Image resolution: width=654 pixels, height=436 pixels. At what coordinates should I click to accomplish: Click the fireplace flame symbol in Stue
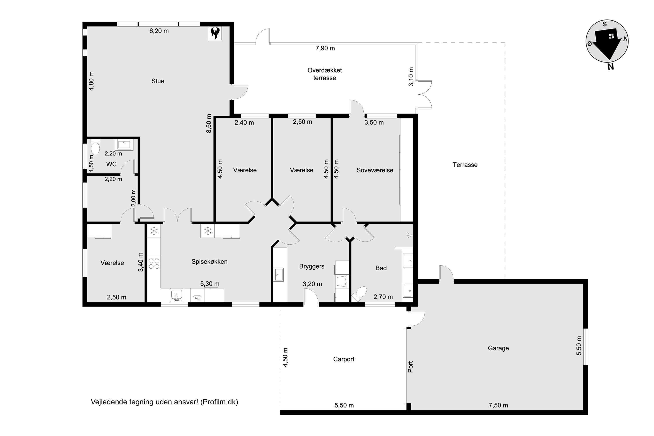tap(215, 33)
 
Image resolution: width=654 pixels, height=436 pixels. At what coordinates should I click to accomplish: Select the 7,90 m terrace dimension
tap(325, 48)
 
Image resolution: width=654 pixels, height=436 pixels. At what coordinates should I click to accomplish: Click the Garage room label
tap(498, 348)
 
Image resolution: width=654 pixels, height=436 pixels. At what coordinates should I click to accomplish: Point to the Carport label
tap(344, 359)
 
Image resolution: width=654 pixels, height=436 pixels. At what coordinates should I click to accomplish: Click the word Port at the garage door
tap(410, 367)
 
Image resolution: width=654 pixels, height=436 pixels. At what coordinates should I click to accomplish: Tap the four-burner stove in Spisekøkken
tap(154, 263)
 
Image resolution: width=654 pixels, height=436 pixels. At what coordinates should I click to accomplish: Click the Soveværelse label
tap(375, 170)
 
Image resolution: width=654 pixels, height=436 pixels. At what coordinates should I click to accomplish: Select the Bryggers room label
tap(312, 266)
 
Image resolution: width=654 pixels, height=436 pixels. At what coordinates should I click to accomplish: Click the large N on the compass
tap(611, 66)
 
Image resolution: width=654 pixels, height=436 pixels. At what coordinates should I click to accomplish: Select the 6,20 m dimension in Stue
tap(159, 31)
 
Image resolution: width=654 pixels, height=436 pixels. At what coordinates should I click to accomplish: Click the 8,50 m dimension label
tap(209, 123)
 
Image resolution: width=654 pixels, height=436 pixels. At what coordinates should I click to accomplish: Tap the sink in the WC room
tap(124, 145)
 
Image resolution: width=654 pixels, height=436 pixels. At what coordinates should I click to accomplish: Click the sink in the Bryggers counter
tap(278, 274)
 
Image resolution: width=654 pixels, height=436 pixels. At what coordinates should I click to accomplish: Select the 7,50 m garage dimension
tap(498, 405)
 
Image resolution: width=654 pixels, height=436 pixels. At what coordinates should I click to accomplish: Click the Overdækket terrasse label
tap(325, 74)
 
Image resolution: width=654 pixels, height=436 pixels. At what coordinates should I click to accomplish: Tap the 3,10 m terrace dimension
tap(411, 77)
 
